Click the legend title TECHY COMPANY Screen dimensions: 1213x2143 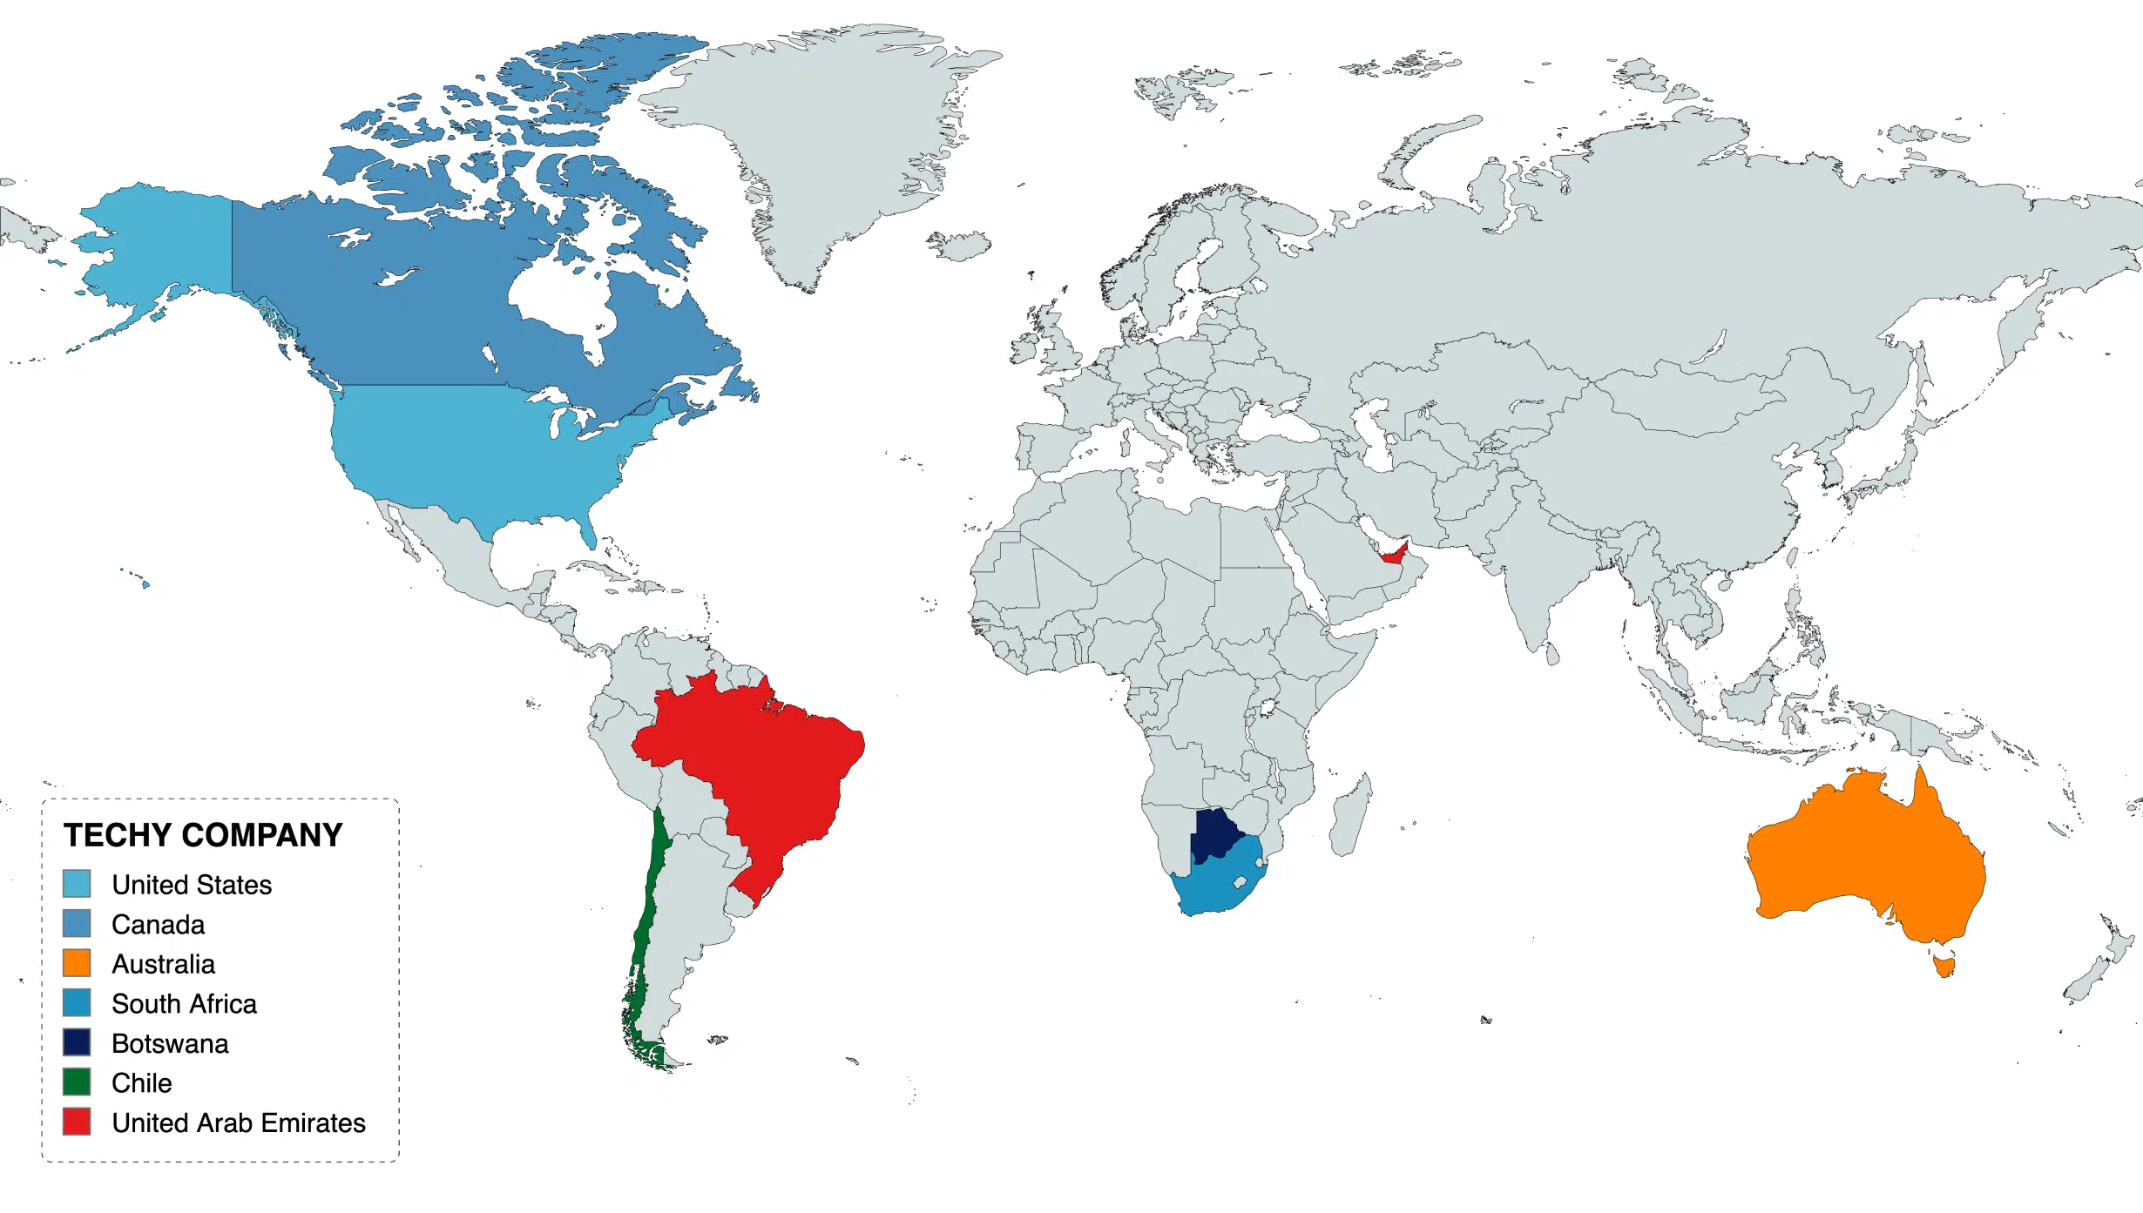[203, 835]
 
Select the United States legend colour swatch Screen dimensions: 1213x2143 [77, 884]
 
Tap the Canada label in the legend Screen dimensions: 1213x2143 [158, 925]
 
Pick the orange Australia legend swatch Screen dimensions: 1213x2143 [77, 963]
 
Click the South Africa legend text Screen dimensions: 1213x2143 [184, 1004]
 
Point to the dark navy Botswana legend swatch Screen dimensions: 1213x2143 [77, 1042]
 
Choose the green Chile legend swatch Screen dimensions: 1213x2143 [77, 1082]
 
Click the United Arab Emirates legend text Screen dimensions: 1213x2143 [238, 1123]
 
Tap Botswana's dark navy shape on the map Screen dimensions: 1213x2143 [1213, 834]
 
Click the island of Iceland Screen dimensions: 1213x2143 [961, 246]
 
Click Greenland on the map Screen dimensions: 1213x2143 [828, 139]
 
